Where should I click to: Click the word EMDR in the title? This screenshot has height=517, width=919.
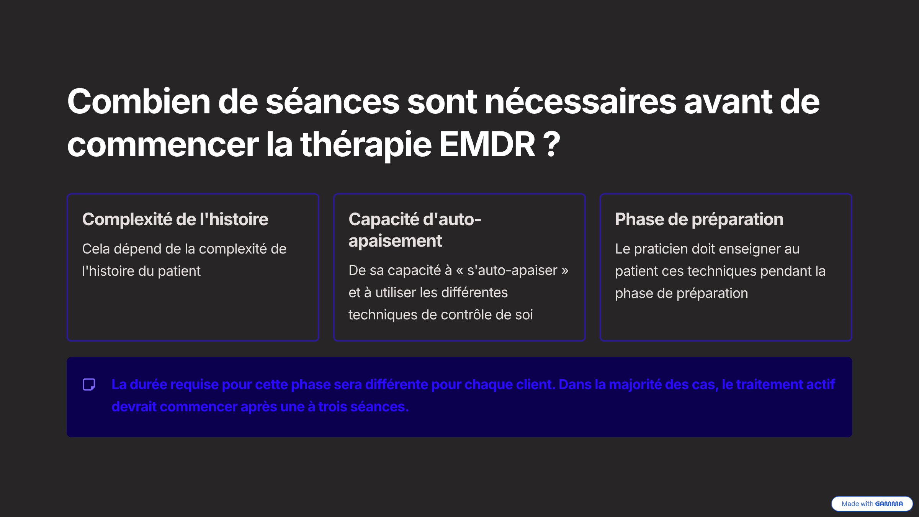coord(487,144)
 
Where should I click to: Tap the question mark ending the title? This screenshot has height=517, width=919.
coord(552,144)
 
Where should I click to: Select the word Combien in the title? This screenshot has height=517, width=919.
coord(139,101)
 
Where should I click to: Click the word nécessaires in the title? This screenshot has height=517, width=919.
coord(581,101)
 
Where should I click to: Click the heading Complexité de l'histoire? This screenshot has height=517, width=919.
coord(175,219)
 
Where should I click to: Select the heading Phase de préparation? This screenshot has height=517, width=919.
coord(699,220)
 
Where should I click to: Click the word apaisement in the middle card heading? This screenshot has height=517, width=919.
coord(395,241)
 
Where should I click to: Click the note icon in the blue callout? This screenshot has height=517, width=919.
coord(89,384)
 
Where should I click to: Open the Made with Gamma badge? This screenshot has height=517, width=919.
coord(872,504)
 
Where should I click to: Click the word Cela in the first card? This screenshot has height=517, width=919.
coord(96,249)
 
